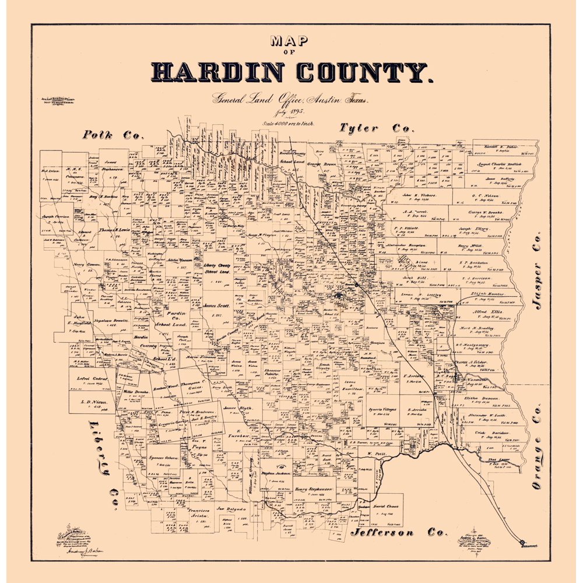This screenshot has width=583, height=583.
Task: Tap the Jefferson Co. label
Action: tap(399, 532)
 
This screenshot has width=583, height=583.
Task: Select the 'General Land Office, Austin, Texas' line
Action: tap(290, 100)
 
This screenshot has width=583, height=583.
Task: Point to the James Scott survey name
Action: tap(216, 305)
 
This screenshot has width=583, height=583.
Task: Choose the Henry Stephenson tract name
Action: tap(313, 489)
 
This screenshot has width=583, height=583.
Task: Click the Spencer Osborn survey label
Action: tap(163, 459)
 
